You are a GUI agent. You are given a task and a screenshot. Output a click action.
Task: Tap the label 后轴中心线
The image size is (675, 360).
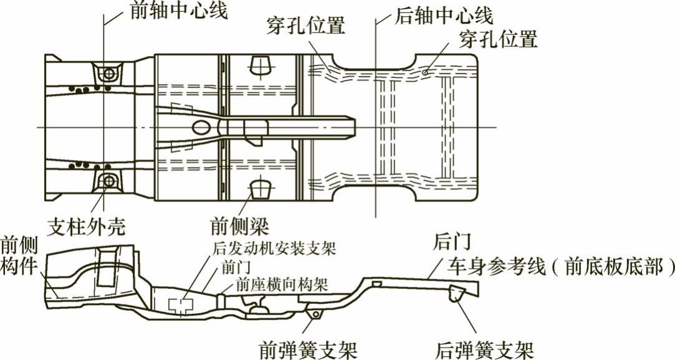(444, 14)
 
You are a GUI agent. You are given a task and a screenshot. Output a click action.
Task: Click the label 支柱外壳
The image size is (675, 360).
(86, 225)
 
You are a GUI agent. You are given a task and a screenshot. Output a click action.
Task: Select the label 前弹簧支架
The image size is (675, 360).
(310, 348)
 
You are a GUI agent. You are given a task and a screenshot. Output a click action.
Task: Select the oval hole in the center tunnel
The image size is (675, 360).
(202, 127)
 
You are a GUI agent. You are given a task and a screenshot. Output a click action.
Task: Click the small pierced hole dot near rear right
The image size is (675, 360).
(424, 72)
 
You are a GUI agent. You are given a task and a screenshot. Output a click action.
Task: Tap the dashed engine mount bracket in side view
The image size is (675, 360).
(180, 305)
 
